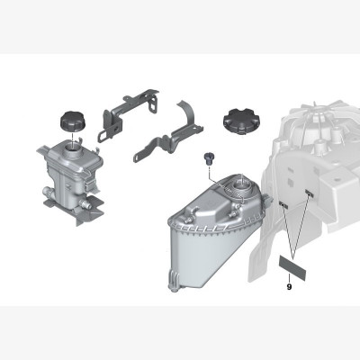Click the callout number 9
point(289,287)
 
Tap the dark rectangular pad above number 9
point(292,268)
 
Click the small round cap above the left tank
point(73,121)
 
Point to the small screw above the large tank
point(208,158)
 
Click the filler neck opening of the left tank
point(73,147)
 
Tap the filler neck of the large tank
point(242,187)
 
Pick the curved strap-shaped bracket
point(172,132)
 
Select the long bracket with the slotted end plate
point(126,114)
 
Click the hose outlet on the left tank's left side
point(47,191)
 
